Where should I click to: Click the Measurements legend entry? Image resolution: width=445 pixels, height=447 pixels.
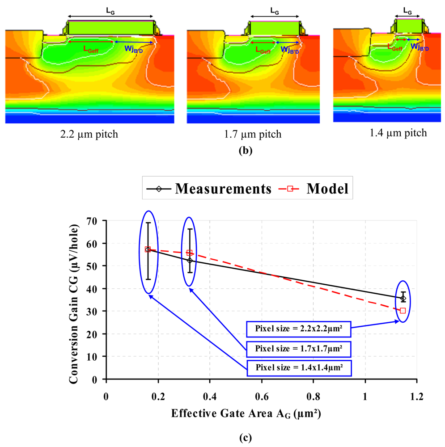click(x=208, y=189)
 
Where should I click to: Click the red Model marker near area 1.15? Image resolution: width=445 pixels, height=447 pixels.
click(x=403, y=311)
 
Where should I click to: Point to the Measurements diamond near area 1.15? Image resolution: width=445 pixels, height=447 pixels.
click(x=403, y=298)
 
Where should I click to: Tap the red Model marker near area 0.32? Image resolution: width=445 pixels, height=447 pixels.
click(x=189, y=253)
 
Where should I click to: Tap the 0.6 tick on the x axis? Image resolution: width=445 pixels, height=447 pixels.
click(x=261, y=396)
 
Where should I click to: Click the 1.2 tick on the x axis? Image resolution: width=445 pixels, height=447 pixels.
click(x=416, y=396)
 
